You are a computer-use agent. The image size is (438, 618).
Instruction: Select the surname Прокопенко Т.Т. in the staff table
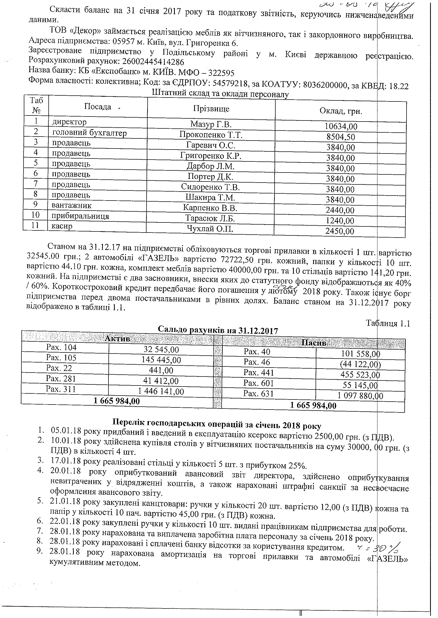211,135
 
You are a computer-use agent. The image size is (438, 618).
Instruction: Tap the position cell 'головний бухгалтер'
89,133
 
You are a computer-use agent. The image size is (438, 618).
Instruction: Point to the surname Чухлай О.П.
210,229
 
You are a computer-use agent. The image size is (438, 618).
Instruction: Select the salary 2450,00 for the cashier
340,231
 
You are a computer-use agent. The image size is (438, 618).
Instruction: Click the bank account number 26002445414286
153,62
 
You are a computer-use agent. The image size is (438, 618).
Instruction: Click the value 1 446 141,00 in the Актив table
161,391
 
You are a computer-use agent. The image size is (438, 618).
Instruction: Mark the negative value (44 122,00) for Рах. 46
360,364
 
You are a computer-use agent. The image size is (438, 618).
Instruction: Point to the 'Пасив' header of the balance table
314,343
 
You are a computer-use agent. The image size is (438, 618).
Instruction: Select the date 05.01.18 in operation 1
66,438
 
